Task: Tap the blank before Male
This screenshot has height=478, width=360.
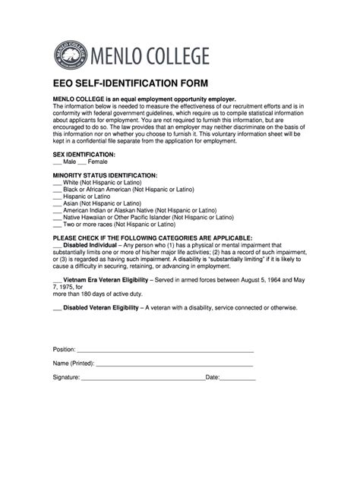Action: tap(57, 163)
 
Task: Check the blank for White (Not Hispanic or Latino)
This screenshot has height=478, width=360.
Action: tap(57, 184)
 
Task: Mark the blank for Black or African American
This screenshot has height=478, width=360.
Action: tap(57, 190)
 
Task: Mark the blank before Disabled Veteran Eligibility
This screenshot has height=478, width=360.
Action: tap(57, 309)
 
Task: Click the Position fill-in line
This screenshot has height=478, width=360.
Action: tap(164, 351)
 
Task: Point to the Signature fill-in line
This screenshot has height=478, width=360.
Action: tap(143, 378)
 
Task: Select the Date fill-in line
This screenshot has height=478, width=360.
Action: tap(238, 378)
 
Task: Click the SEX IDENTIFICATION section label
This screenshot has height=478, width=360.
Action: tap(84, 154)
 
